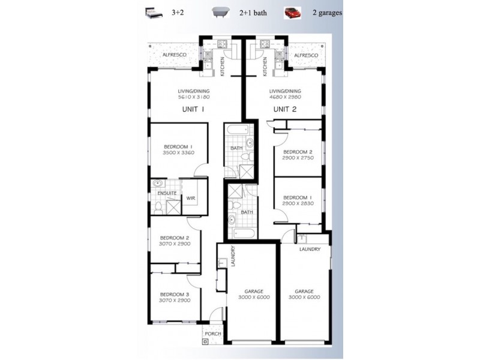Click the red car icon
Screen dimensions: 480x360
[x=292, y=13]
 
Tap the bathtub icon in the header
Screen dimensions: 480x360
[x=221, y=13]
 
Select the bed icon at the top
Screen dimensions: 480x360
[x=153, y=13]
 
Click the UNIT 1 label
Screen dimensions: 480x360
[x=193, y=109]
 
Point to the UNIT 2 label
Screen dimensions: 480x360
[x=285, y=109]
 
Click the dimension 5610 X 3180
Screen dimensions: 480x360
[x=194, y=97]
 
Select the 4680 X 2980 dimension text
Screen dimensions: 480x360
[x=285, y=97]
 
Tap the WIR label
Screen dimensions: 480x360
[x=191, y=198]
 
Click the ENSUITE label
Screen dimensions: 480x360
[x=167, y=193]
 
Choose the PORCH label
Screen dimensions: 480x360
[x=213, y=334]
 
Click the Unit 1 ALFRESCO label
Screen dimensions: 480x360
[x=174, y=55]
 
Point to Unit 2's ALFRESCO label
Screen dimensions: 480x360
[x=306, y=55]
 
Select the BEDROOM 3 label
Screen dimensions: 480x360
[x=175, y=295]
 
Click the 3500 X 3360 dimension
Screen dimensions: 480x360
[x=179, y=152]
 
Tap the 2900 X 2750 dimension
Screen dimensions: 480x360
[x=298, y=158]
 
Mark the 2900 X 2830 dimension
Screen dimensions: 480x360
[x=298, y=203]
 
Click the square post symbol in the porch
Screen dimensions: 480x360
[x=205, y=341]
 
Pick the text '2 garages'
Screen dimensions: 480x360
[x=327, y=13]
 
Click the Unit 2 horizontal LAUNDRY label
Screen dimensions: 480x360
[x=310, y=249]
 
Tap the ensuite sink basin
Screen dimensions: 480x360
[x=158, y=184]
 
